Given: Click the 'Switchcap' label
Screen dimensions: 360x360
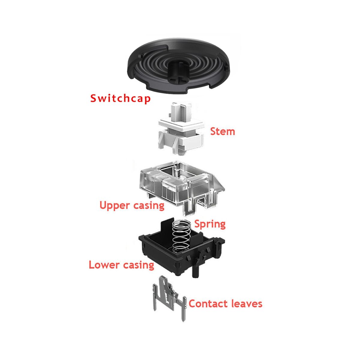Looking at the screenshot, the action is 120,98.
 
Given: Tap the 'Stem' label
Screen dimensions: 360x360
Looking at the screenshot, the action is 223,131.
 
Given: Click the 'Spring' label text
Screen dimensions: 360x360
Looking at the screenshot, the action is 210,224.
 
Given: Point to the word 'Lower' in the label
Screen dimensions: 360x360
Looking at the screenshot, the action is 104,265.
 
